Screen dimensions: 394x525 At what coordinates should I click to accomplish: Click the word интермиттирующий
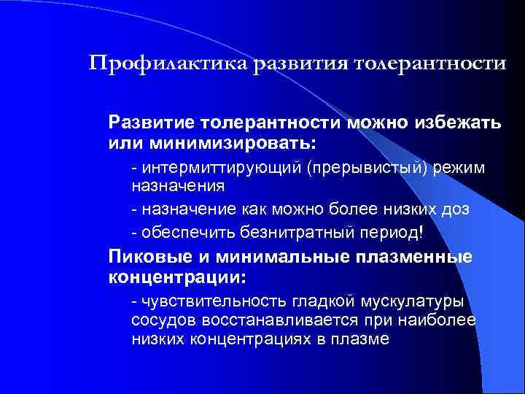point(222,169)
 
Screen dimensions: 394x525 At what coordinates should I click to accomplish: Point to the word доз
point(456,209)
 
